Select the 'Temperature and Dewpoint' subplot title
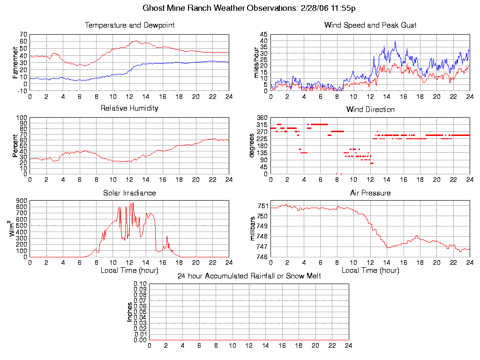coord(129,25)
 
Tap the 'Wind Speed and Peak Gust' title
coord(370,25)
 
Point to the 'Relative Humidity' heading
coord(129,108)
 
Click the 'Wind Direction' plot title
coord(370,110)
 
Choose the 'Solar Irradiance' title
coord(129,193)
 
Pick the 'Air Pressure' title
coord(370,193)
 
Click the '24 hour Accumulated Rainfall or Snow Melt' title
coord(249,276)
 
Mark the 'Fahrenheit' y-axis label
coord(15,62)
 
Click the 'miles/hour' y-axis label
coord(256,63)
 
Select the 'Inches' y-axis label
coord(130,312)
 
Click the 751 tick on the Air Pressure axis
coord(262,206)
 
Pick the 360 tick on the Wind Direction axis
coord(262,118)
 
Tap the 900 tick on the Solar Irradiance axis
coord(21,201)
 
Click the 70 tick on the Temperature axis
coord(23,35)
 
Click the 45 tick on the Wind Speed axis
coord(263,35)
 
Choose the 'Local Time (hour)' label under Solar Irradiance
coord(129,270)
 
